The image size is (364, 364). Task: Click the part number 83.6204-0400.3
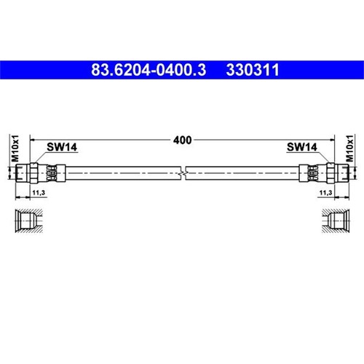point(149,70)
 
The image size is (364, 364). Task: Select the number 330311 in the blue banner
point(253,70)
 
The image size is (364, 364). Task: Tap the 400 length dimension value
point(182,140)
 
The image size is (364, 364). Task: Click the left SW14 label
point(62,147)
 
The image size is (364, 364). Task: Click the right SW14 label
point(302,147)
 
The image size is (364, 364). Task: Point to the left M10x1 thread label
point(15,149)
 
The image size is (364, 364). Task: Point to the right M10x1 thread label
point(349,149)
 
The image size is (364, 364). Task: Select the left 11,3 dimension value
point(39,193)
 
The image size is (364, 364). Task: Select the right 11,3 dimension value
point(325,193)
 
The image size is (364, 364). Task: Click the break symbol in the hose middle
point(183,173)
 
